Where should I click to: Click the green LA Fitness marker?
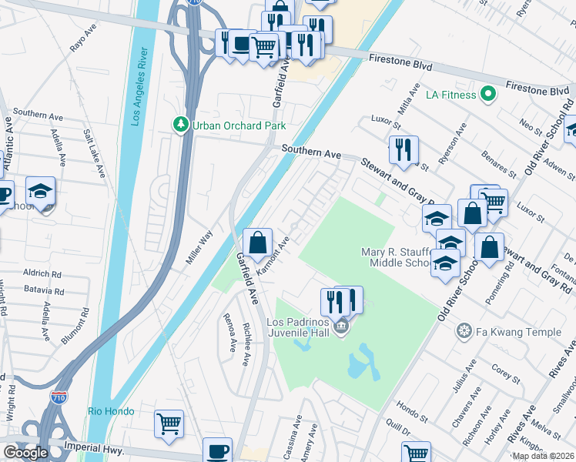tap(487, 95)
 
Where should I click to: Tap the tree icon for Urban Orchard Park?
tap(182, 125)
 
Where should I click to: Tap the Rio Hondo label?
tap(111, 412)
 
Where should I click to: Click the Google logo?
tap(26, 452)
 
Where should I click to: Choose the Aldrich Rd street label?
tap(42, 274)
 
